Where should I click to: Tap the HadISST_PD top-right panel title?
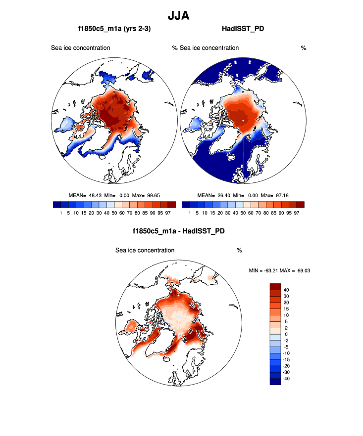(x=243, y=29)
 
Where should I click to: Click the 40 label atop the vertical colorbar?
(x=286, y=290)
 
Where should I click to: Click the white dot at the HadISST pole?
(x=243, y=120)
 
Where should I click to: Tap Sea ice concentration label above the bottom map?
(x=145, y=250)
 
